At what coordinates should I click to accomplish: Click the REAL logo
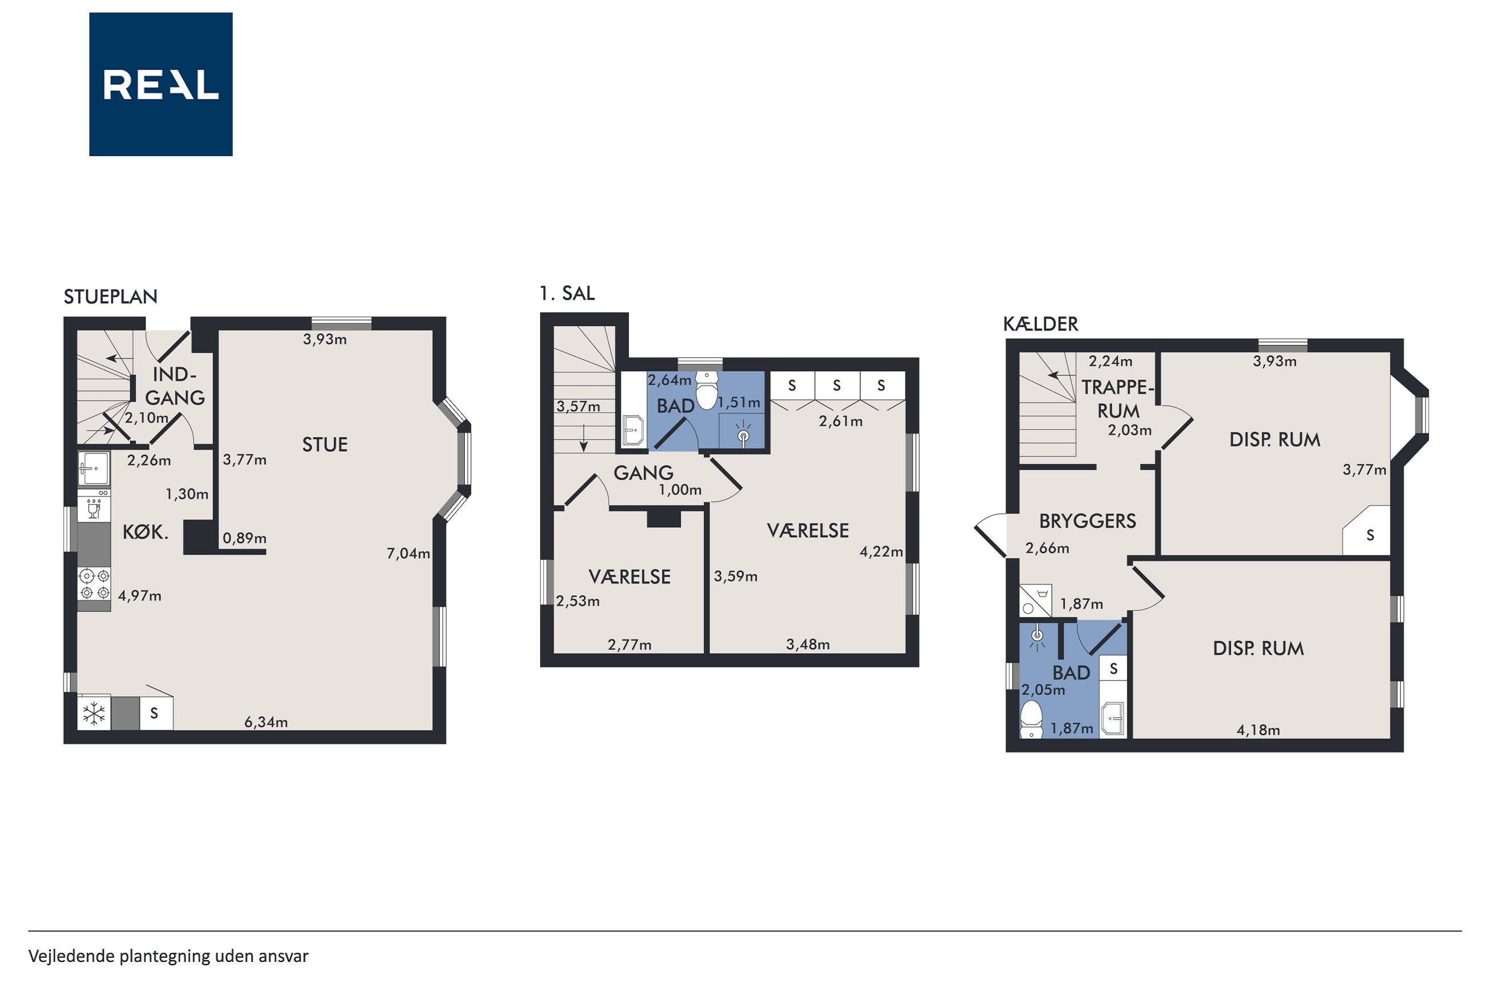(x=161, y=84)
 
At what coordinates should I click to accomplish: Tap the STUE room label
(x=325, y=445)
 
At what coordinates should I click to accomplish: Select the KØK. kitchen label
(x=145, y=532)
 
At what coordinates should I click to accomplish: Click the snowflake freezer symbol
(x=94, y=714)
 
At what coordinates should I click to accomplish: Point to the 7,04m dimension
(x=409, y=554)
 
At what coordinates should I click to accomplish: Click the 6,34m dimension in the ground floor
(x=266, y=722)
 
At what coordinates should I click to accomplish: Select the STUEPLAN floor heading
(x=110, y=296)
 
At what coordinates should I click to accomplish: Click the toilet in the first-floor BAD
(x=706, y=389)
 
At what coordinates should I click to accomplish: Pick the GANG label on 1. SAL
(x=643, y=473)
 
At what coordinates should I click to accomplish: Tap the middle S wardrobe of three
(x=837, y=385)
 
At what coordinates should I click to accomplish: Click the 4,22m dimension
(x=881, y=552)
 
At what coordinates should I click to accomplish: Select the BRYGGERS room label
(x=1088, y=521)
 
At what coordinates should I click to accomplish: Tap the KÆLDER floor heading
(x=1040, y=324)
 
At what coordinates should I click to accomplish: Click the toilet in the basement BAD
(x=1031, y=720)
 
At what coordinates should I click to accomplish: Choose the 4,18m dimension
(x=1259, y=730)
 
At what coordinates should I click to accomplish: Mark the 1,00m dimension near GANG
(x=680, y=490)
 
